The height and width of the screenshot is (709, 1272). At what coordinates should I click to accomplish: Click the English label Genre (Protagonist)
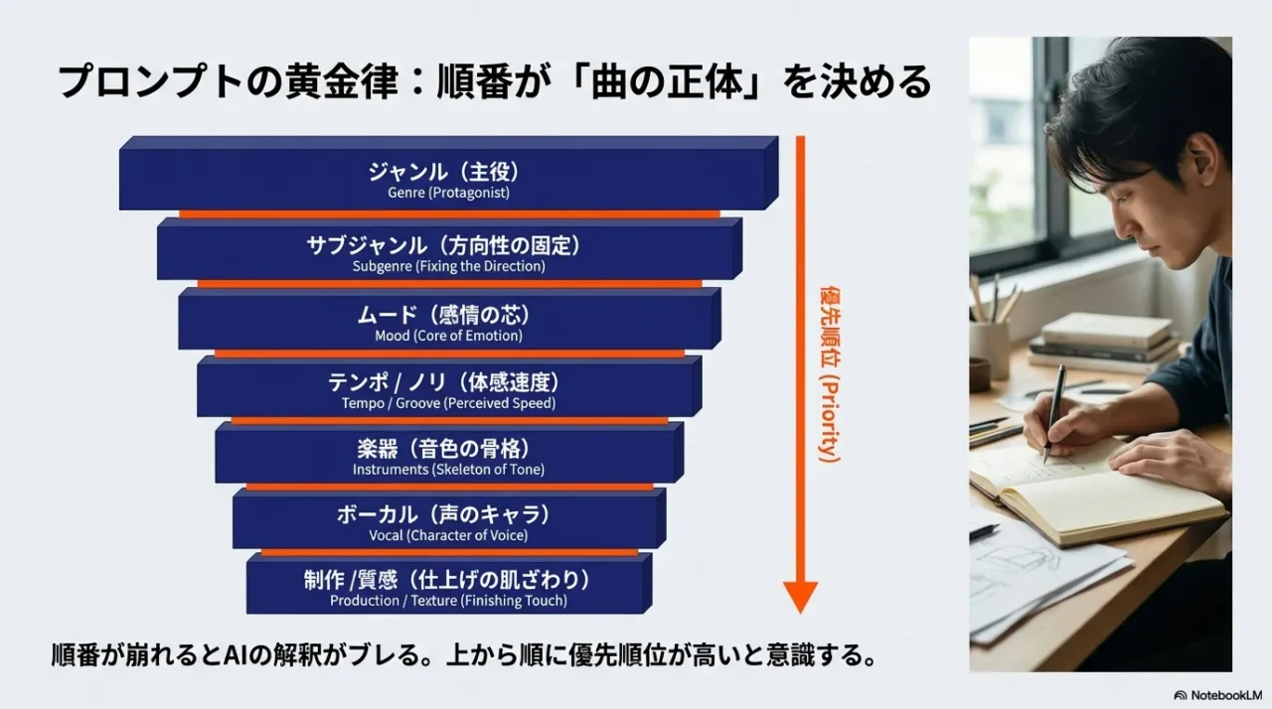click(448, 193)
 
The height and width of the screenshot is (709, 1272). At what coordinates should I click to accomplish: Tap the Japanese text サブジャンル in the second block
click(367, 245)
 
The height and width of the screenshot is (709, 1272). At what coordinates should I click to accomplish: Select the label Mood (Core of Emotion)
click(448, 336)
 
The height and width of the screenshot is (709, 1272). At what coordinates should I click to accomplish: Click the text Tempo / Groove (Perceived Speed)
click(448, 403)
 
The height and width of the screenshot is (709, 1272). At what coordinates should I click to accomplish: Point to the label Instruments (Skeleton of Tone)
click(448, 470)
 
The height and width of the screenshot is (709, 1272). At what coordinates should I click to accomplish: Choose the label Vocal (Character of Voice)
click(448, 535)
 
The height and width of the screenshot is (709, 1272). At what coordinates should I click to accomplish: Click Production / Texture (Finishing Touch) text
click(448, 601)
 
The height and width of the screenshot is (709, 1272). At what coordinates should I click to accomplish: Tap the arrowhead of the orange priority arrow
click(801, 597)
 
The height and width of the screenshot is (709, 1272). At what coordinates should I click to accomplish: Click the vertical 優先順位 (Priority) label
click(830, 374)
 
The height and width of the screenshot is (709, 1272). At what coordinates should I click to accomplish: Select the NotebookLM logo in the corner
click(1217, 695)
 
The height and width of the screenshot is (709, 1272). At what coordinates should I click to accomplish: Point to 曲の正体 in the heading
click(667, 82)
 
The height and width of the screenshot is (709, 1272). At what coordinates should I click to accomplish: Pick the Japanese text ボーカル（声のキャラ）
click(443, 515)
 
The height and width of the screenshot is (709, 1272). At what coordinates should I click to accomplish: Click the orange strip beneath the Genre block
click(450, 214)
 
